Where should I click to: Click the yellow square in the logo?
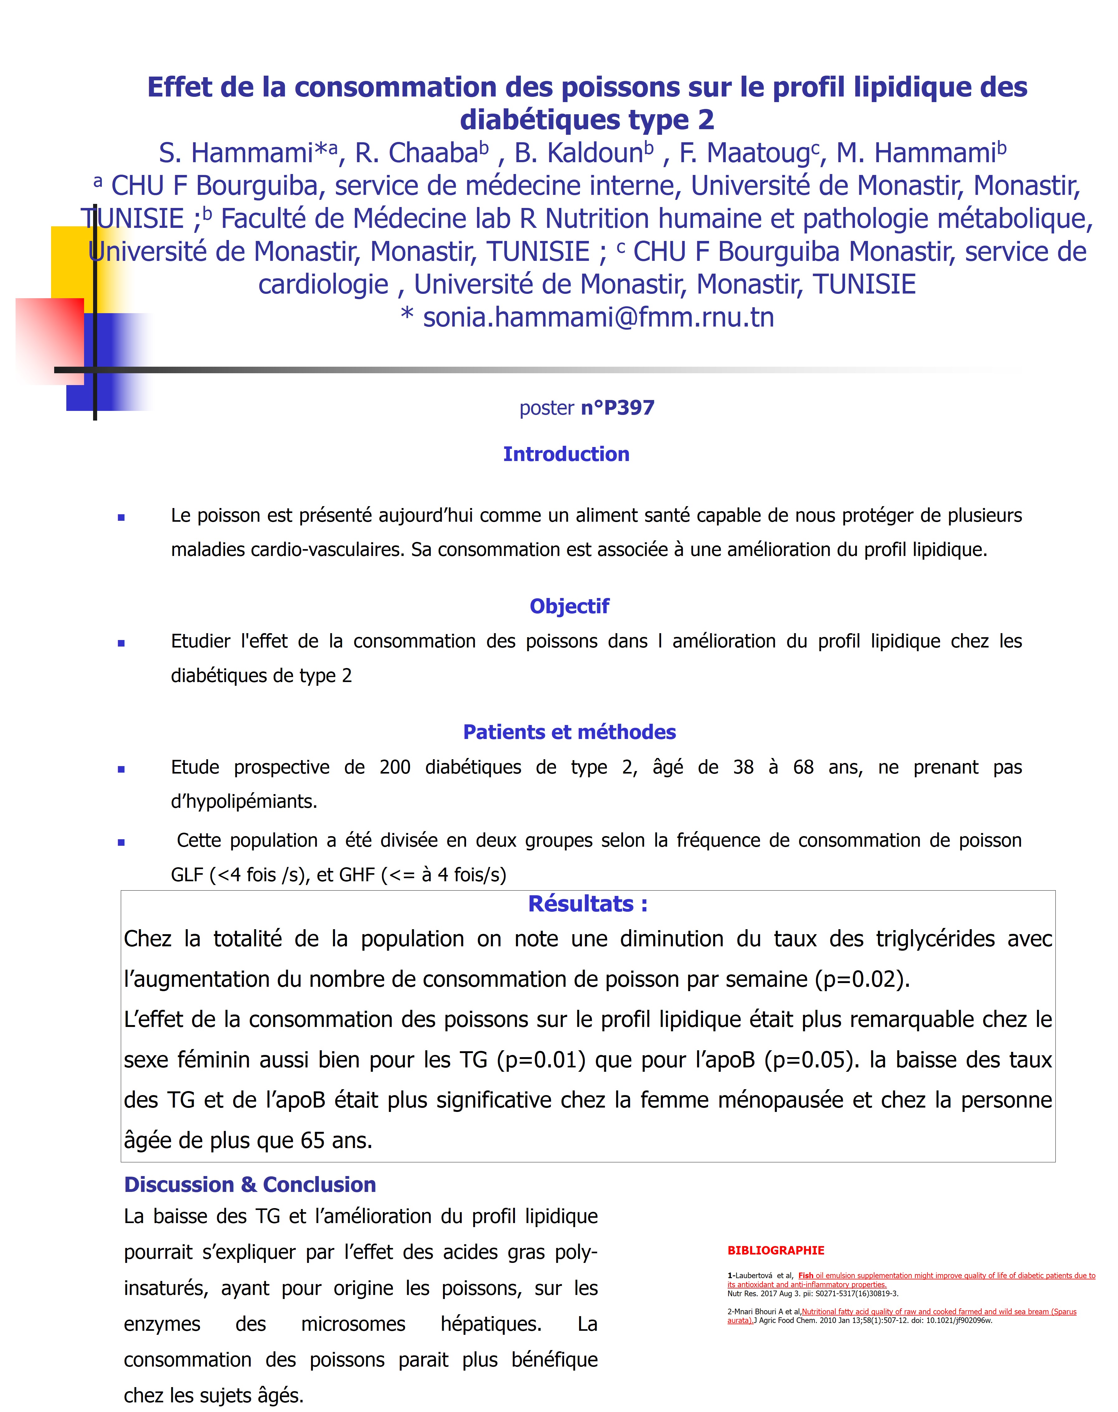pyautogui.click(x=72, y=262)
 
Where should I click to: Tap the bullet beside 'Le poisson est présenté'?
pyautogui.click(x=121, y=518)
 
